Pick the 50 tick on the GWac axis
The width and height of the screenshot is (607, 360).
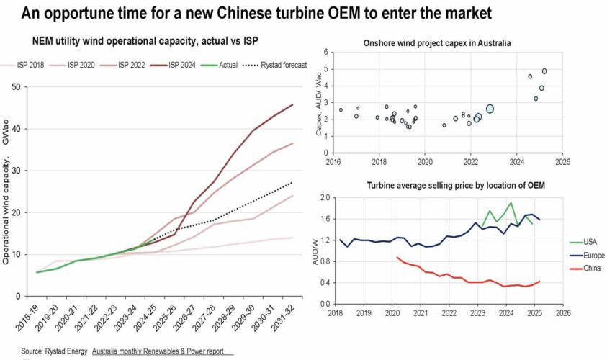coord(15,87)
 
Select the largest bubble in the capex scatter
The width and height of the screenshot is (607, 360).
coord(490,109)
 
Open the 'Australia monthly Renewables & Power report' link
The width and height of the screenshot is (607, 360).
coord(162,351)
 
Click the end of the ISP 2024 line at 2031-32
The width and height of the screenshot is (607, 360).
coord(292,105)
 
